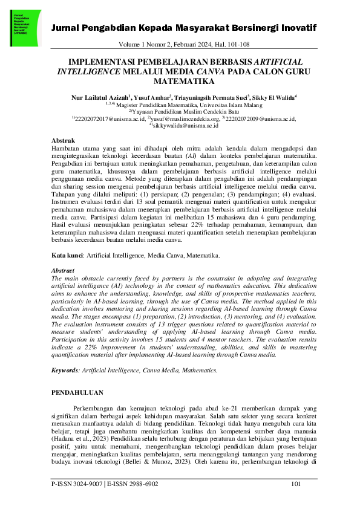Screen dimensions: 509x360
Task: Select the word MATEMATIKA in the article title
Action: pos(180,80)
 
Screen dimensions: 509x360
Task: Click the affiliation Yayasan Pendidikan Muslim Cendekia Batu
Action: pos(182,112)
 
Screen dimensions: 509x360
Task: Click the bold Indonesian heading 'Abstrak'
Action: pos(64,140)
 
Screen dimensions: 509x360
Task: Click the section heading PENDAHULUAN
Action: pos(77,393)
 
